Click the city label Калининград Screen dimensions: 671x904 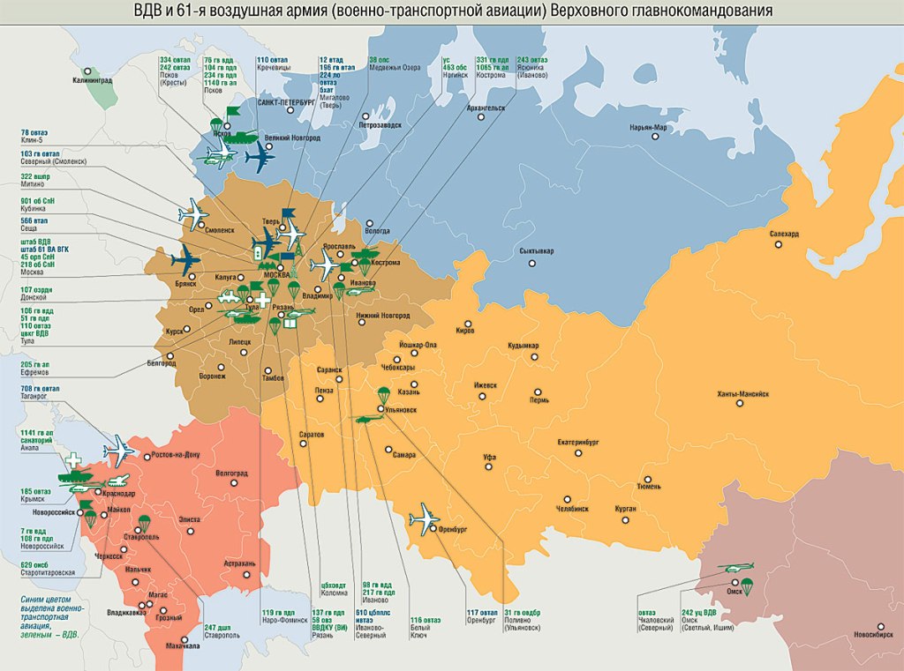click(x=93, y=81)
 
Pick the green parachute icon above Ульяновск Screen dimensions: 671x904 click(x=383, y=395)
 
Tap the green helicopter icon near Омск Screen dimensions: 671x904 click(x=734, y=568)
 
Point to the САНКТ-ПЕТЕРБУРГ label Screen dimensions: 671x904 click(x=285, y=102)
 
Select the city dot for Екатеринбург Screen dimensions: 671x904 click(x=578, y=452)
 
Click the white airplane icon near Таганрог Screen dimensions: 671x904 click(x=118, y=451)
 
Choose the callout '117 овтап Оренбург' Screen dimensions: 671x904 click(x=483, y=616)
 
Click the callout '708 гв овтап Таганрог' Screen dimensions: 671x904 click(x=39, y=392)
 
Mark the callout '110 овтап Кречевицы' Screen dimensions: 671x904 click(x=274, y=64)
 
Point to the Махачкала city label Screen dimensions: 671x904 click(x=182, y=647)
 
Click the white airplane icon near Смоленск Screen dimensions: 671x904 click(x=192, y=213)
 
